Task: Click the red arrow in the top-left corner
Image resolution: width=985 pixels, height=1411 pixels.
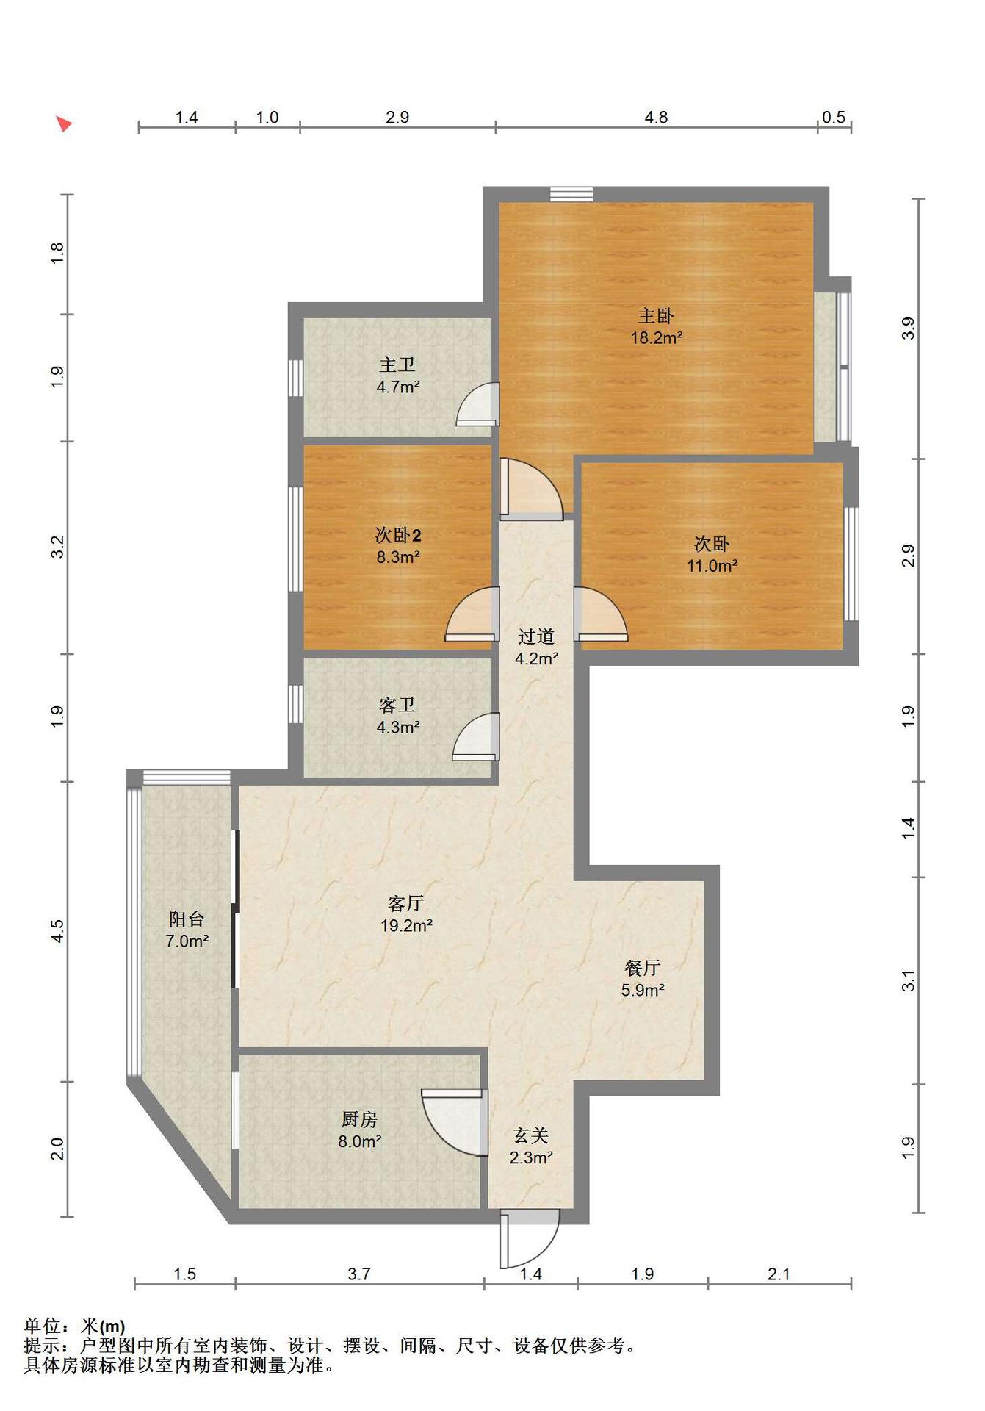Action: pos(65,123)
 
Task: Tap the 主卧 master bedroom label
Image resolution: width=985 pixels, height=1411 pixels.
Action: pos(656,316)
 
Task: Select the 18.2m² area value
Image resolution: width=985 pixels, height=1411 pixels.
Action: pos(657,338)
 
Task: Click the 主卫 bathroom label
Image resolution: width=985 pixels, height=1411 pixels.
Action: pos(397,365)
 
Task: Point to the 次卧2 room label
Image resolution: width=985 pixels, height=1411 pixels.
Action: pos(398,535)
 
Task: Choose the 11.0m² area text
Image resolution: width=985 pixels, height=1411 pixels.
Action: pos(712,566)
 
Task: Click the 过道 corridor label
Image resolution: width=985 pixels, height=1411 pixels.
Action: pos(536,636)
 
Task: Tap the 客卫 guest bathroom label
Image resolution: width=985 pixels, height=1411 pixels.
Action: pos(397,705)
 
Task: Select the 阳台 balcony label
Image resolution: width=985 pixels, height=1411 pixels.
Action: pos(187,919)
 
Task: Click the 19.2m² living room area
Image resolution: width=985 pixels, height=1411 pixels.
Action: pos(406,926)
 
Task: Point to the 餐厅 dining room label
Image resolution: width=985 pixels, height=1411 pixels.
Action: pos(643,968)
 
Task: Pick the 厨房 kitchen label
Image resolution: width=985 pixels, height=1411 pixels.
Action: pos(359,1119)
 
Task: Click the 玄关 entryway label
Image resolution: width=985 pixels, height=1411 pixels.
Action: pos(531,1136)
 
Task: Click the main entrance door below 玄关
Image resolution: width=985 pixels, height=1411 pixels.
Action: pos(529,1240)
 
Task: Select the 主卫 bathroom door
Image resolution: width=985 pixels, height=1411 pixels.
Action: pos(477,405)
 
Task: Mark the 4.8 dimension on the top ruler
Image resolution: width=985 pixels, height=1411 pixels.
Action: pos(656,118)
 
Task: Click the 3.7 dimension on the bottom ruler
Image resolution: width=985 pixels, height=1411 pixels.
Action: pos(359,1274)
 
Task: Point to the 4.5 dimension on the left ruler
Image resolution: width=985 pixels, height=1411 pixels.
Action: pos(58,931)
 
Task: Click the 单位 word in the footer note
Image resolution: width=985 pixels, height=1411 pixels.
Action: pos(43,1326)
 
